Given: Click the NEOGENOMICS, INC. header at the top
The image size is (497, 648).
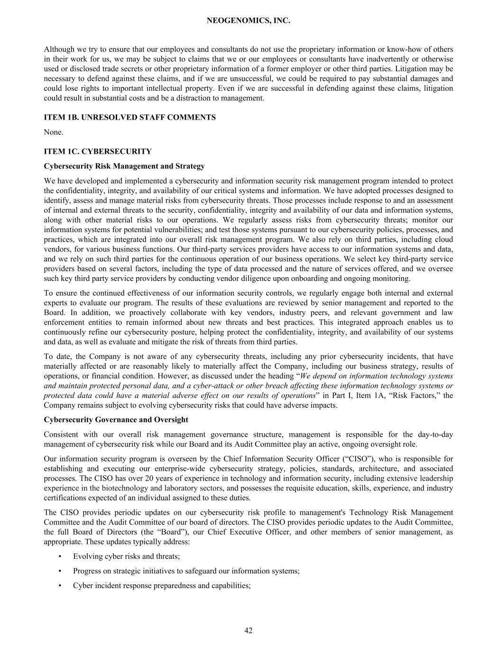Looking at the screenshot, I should [x=248, y=21].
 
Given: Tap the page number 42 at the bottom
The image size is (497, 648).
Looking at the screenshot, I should [x=248, y=630].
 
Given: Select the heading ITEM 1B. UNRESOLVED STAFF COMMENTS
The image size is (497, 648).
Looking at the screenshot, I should [x=129, y=117].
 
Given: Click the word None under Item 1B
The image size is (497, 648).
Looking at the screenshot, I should [x=53, y=132].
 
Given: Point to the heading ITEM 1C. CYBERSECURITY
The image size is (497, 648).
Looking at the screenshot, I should [x=98, y=151].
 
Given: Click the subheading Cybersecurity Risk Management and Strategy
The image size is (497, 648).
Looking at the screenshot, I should [x=124, y=166].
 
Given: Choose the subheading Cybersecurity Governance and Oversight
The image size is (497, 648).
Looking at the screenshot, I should [x=116, y=420].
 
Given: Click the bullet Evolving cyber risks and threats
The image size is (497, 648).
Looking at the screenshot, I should [x=126, y=556].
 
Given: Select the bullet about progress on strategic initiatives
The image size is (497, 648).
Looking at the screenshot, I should [x=186, y=571].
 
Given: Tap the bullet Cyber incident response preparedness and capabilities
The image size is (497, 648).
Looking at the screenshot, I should [x=162, y=585].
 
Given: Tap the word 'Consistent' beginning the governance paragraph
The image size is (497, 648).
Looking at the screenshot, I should [x=61, y=434].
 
